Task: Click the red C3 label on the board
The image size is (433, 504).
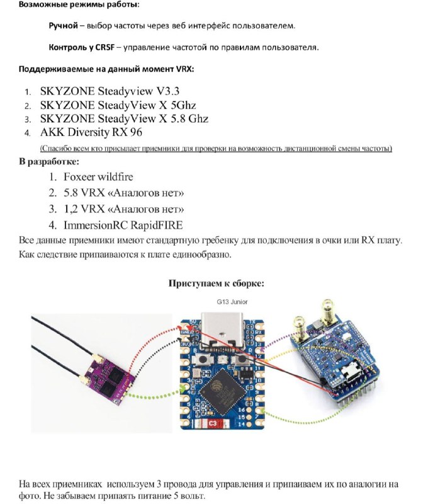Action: coord(213,423)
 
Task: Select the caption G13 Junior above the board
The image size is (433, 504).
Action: coord(232,302)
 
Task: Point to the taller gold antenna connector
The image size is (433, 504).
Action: coord(328,312)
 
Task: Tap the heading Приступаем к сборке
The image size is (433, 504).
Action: coord(216,283)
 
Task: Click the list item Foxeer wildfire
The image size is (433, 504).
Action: coord(98,177)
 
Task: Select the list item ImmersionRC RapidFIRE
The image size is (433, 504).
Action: coord(123,225)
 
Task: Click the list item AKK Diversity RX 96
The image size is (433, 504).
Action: coord(91,132)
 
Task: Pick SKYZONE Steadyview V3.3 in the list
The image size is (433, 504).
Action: coord(110,91)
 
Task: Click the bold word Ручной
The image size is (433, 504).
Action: coord(64,26)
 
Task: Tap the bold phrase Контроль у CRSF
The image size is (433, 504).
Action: coord(82,47)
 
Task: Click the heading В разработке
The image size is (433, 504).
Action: coord(49,161)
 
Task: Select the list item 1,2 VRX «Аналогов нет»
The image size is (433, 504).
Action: coord(123,209)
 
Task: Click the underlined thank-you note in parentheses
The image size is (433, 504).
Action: coord(216,149)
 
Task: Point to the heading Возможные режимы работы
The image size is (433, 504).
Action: coord(79,5)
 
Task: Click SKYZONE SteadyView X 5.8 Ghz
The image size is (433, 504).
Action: coord(124,118)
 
